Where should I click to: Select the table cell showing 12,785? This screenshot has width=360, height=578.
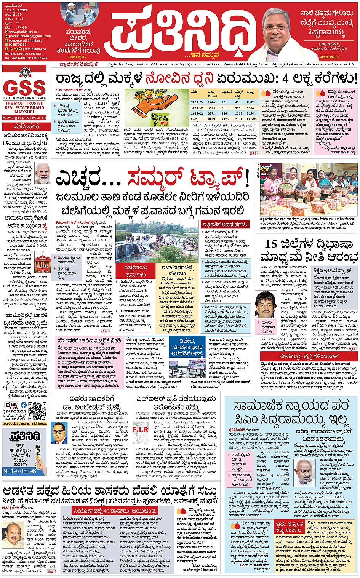(x=251, y=119)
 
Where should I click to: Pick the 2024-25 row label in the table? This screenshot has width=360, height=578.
(x=197, y=108)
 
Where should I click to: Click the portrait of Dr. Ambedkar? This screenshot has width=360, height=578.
(x=59, y=433)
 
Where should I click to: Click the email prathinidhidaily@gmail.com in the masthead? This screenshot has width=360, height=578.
(x=29, y=36)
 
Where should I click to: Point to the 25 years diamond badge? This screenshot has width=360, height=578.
(x=26, y=71)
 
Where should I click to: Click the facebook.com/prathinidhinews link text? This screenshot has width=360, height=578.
(x=25, y=423)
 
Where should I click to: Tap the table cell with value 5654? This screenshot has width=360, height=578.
(x=250, y=113)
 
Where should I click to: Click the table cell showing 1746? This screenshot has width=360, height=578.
(x=211, y=102)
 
